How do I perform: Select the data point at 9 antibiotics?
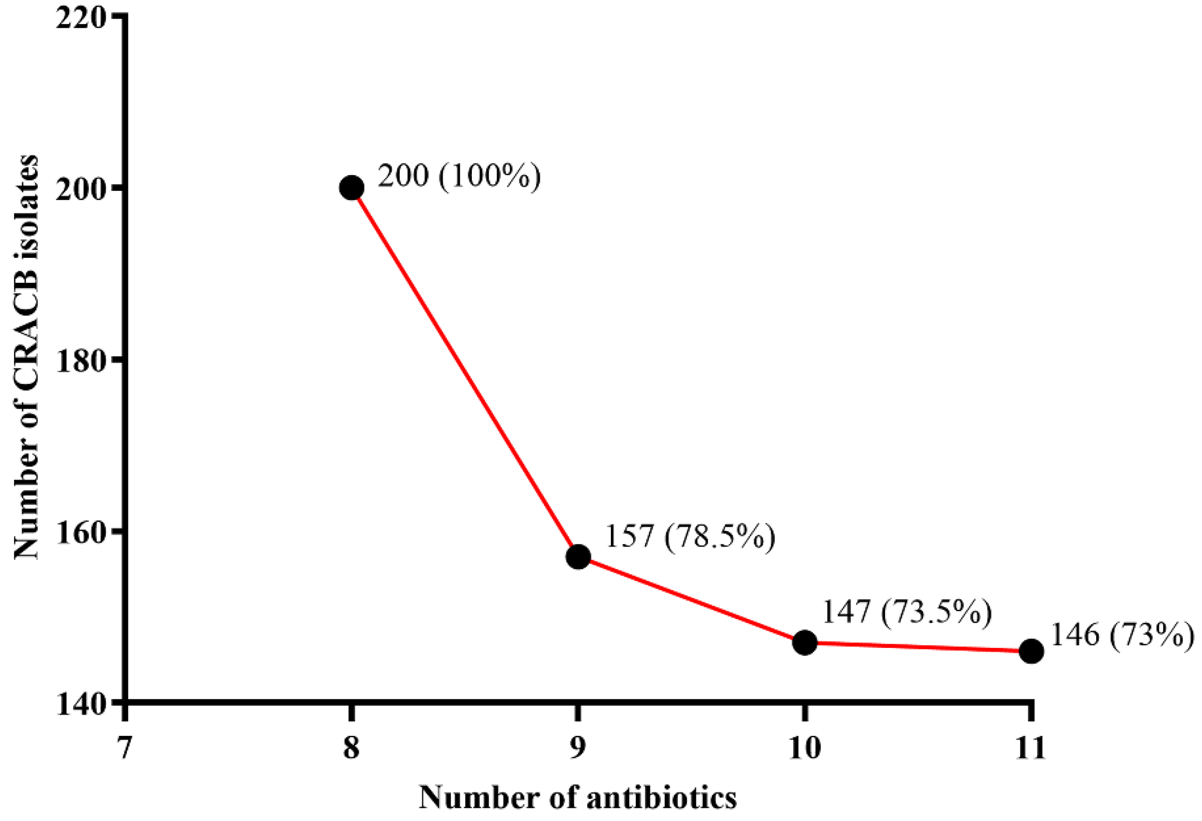click(x=578, y=556)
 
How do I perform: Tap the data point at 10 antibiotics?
click(x=805, y=643)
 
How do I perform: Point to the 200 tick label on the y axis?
click(x=80, y=189)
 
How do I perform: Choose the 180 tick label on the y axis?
click(x=80, y=361)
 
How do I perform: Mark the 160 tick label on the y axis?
click(x=80, y=533)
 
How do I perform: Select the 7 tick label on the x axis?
click(x=124, y=748)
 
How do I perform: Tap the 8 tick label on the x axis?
click(x=352, y=748)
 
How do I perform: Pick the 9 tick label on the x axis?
click(x=578, y=748)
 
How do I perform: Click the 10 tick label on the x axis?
click(x=805, y=748)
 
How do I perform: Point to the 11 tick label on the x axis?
click(x=1031, y=748)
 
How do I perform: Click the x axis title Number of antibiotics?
click(x=578, y=798)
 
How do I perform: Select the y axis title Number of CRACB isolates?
click(x=26, y=357)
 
